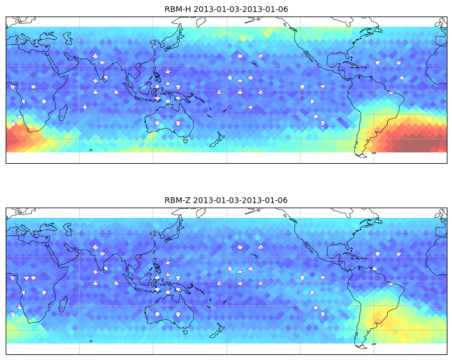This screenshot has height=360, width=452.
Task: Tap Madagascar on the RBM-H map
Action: click(63, 113)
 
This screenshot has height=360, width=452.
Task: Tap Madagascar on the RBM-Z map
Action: click(63, 304)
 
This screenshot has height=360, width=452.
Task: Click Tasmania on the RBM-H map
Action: click(186, 140)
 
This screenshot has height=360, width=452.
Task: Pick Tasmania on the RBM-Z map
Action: click(186, 332)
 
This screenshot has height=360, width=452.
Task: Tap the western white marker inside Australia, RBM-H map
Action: click(157, 123)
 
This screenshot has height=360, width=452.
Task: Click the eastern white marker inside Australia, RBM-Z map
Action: click(178, 314)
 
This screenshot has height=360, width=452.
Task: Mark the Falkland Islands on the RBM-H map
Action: click(374, 153)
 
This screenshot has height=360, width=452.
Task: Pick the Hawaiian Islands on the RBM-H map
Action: click(254, 64)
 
